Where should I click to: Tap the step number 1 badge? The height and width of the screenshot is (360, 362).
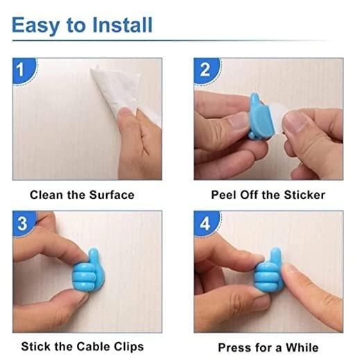23,69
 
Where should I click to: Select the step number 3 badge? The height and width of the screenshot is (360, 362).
23,223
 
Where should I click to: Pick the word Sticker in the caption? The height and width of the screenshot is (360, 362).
303,195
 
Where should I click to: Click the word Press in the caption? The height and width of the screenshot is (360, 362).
234,347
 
